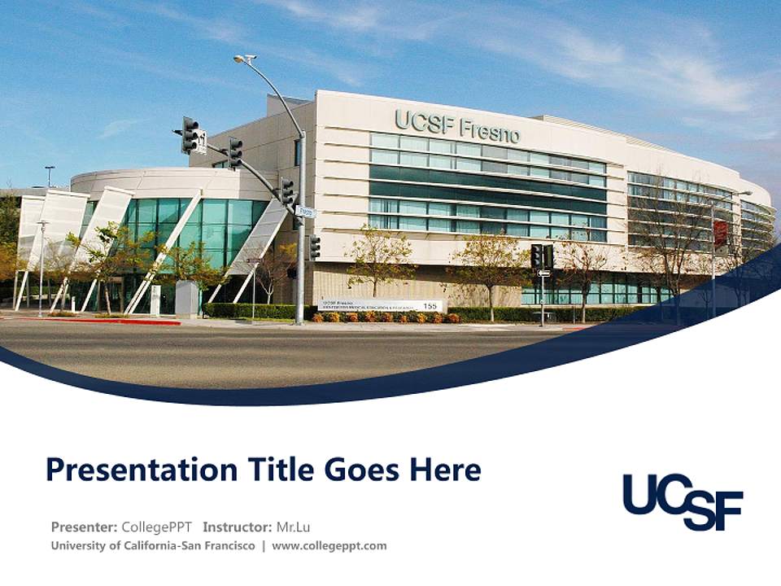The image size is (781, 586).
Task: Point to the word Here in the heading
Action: [x=445, y=470]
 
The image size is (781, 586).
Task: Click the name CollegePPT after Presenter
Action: [x=156, y=527]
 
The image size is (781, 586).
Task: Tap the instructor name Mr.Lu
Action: [x=293, y=527]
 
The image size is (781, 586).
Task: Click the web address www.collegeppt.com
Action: [x=329, y=545]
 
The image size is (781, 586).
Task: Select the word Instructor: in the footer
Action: [x=238, y=527]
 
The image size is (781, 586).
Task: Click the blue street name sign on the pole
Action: [x=304, y=212]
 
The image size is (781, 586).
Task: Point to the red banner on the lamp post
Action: [x=720, y=233]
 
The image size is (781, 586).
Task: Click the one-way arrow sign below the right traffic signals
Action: [x=543, y=273]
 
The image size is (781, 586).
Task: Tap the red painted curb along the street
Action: [x=122, y=321]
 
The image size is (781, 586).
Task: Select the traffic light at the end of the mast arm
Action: [x=190, y=135]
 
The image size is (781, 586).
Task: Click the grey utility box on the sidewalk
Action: [x=186, y=299]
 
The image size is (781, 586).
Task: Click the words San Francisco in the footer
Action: [x=217, y=545]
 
